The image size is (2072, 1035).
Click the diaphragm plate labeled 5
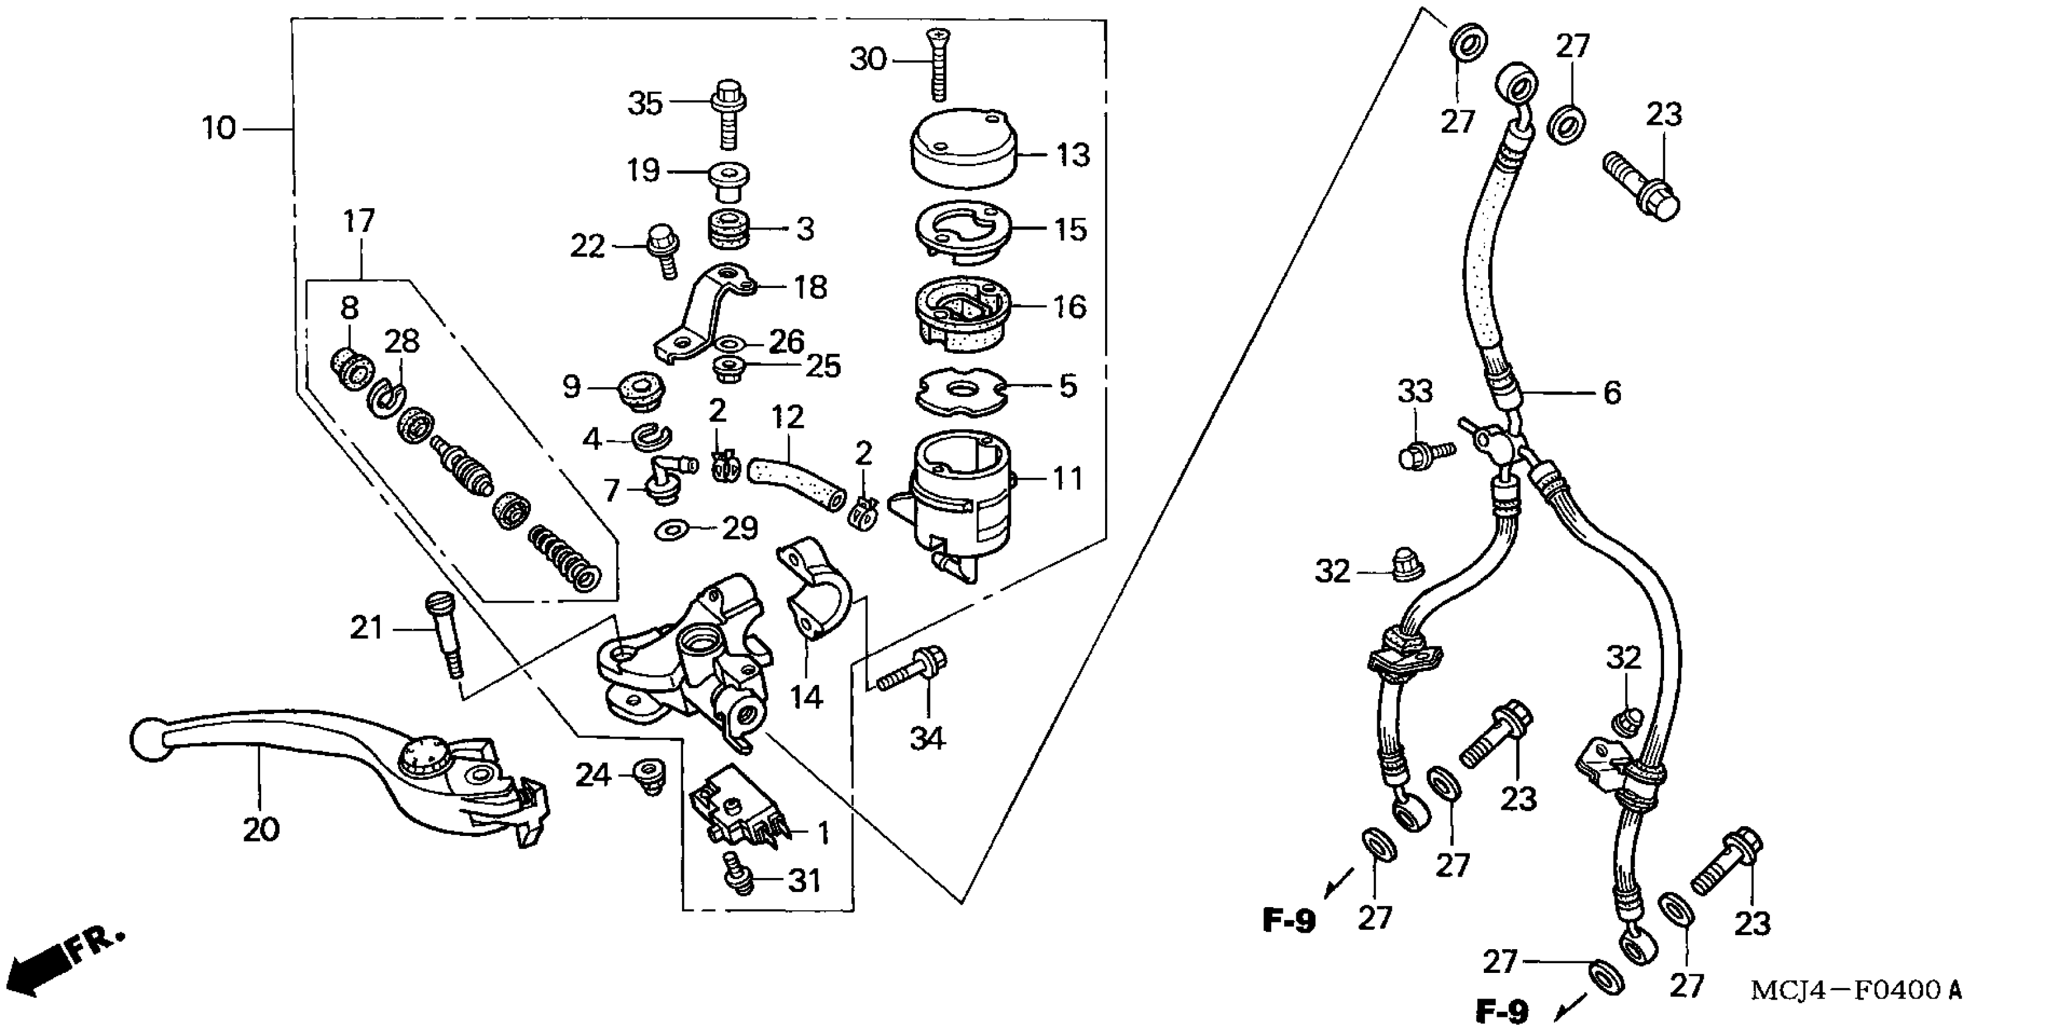point(962,391)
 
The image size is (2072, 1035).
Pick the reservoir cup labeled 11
point(957,499)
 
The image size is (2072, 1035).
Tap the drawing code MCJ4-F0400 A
point(1856,990)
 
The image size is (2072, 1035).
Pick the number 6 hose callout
point(1612,393)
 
